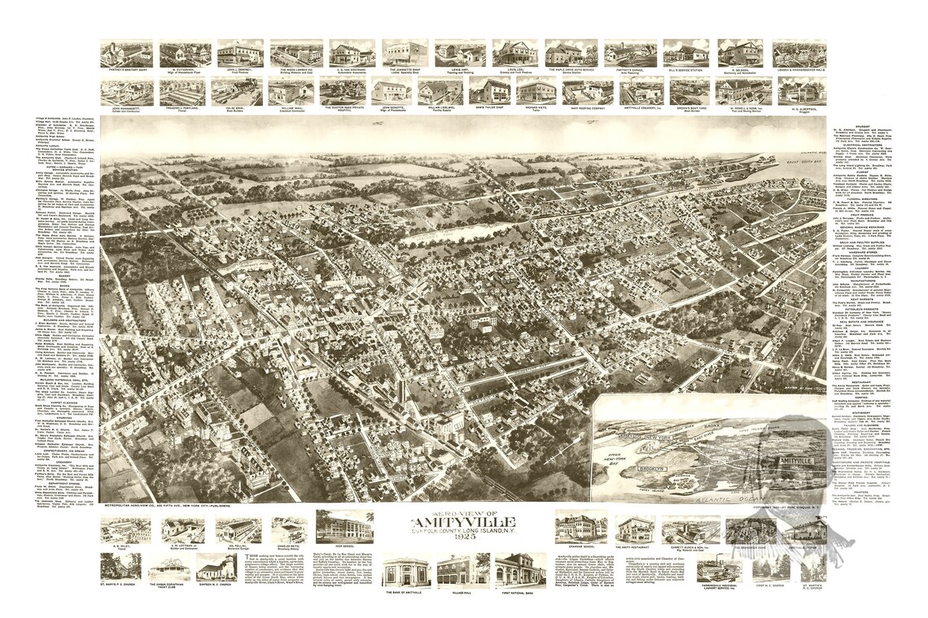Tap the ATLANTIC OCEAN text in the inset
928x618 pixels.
coord(724,490)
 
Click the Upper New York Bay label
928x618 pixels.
coord(625,451)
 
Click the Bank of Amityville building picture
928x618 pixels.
coord(405,571)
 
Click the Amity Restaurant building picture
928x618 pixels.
coord(635,529)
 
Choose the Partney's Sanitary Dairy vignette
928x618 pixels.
coord(126,54)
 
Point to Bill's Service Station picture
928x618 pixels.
coord(685,54)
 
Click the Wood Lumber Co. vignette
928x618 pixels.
coord(296,54)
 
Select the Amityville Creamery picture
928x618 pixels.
coord(631,91)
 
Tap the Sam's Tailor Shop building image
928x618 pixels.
coord(489,91)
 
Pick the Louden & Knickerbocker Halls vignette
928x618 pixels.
coord(799,54)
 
